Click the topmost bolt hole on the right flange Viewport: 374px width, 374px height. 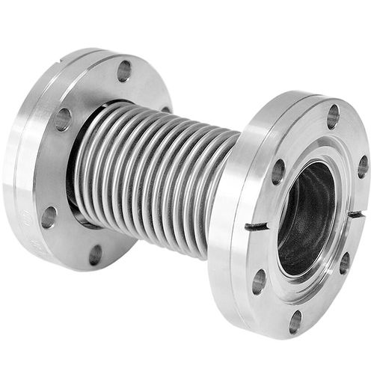click(333, 117)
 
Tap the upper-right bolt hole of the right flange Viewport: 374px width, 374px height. click(362, 166)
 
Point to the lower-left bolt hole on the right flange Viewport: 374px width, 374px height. click(260, 281)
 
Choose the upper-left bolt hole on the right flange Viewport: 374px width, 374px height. click(278, 171)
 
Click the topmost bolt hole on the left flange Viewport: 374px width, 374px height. click(124, 71)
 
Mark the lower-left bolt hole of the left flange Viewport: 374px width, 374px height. click(49, 217)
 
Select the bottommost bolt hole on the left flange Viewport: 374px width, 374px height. click(95, 254)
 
